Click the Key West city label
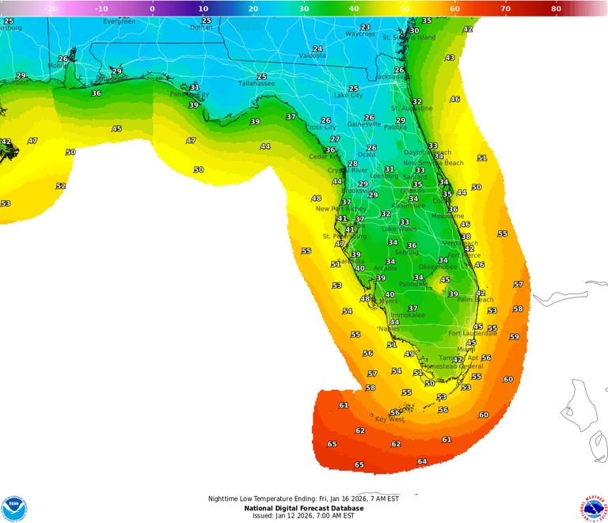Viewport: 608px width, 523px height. [389, 419]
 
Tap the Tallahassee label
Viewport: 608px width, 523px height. [256, 83]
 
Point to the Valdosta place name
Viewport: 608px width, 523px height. [313, 56]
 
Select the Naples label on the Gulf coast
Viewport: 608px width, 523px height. [389, 328]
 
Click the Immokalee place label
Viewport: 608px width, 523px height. [407, 315]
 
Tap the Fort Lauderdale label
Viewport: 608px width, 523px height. [473, 333]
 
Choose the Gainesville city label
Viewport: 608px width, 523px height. [364, 124]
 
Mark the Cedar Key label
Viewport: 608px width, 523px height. [324, 157]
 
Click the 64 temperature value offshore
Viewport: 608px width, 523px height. [422, 461]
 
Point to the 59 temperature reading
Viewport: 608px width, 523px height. [514, 337]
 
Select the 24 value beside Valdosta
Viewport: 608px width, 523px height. [317, 49]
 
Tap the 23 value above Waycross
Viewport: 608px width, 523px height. [365, 27]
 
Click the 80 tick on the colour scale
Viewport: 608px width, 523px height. [556, 9]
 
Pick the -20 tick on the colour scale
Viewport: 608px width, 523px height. [51, 9]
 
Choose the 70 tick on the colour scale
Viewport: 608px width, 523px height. [505, 9]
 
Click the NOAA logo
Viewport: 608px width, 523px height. [14, 509]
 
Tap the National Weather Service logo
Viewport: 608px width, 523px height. [594, 507]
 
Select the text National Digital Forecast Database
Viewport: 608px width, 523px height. [304, 508]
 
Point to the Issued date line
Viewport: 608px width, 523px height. [304, 516]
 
